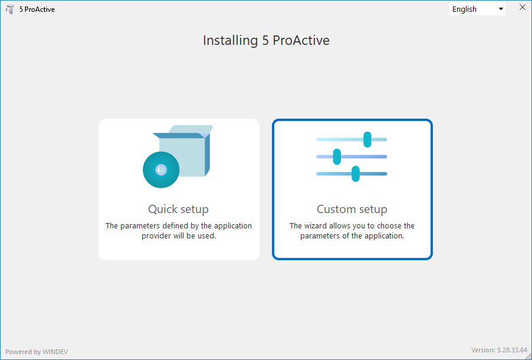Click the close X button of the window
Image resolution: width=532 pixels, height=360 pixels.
pos(523,8)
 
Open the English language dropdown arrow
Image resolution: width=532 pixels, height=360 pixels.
pos(501,9)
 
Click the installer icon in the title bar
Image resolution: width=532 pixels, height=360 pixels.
pos(10,9)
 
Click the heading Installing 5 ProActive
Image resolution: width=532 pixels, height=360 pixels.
pos(267,40)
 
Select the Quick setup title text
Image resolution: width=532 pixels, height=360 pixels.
pos(179,209)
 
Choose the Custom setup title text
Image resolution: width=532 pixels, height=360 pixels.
pos(352,209)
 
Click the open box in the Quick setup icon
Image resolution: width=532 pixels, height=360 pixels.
pos(183,151)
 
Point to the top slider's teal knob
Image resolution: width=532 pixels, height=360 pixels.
pos(367,140)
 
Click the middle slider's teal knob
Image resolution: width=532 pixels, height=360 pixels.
pos(337,156)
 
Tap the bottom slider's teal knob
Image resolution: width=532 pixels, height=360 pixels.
pos(356,174)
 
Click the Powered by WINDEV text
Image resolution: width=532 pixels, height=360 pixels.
pos(37,352)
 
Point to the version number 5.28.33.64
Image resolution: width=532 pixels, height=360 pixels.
pos(513,350)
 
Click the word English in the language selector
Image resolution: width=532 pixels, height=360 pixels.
pos(465,9)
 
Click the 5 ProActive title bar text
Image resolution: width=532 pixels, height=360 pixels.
pos(37,9)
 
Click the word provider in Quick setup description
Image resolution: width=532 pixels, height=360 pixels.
pos(155,236)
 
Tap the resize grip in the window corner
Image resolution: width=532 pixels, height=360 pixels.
pos(528,356)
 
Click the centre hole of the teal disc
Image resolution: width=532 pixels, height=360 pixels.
pos(161,170)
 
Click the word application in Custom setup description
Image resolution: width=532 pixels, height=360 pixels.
pos(385,236)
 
